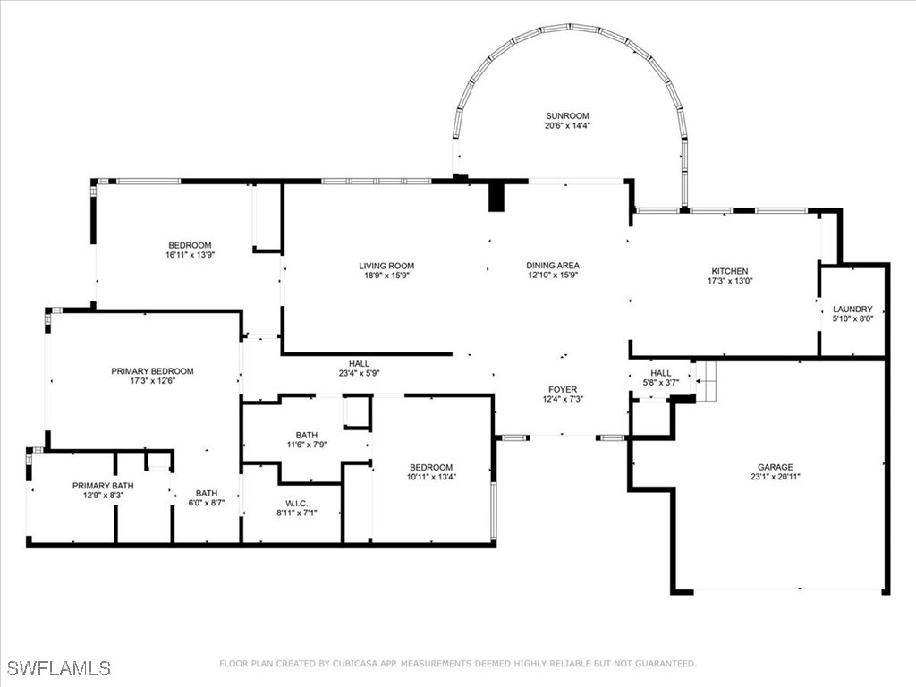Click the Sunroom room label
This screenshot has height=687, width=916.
click(x=567, y=116)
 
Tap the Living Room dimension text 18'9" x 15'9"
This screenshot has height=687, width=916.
click(x=386, y=276)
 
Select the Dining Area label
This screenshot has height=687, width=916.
click(x=552, y=266)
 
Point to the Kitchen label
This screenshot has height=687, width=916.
click(x=729, y=271)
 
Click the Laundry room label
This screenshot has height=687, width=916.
click(x=852, y=310)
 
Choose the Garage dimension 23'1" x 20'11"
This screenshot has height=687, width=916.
click(x=775, y=478)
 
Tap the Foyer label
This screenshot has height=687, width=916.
click(x=563, y=390)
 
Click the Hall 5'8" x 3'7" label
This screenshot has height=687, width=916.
click(x=660, y=373)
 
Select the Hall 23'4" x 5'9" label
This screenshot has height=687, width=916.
click(x=359, y=364)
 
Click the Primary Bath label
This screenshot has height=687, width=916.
click(x=98, y=486)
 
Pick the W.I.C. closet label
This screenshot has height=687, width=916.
click(x=297, y=502)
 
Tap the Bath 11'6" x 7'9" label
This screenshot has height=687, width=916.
click(x=308, y=435)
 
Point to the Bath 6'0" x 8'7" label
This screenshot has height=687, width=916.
click(x=207, y=493)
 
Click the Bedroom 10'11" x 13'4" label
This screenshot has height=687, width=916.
click(x=431, y=467)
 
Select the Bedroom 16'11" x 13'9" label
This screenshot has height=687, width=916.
click(x=190, y=245)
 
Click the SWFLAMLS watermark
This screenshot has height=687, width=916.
click(x=59, y=668)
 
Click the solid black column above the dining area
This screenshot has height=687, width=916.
click(x=496, y=197)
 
